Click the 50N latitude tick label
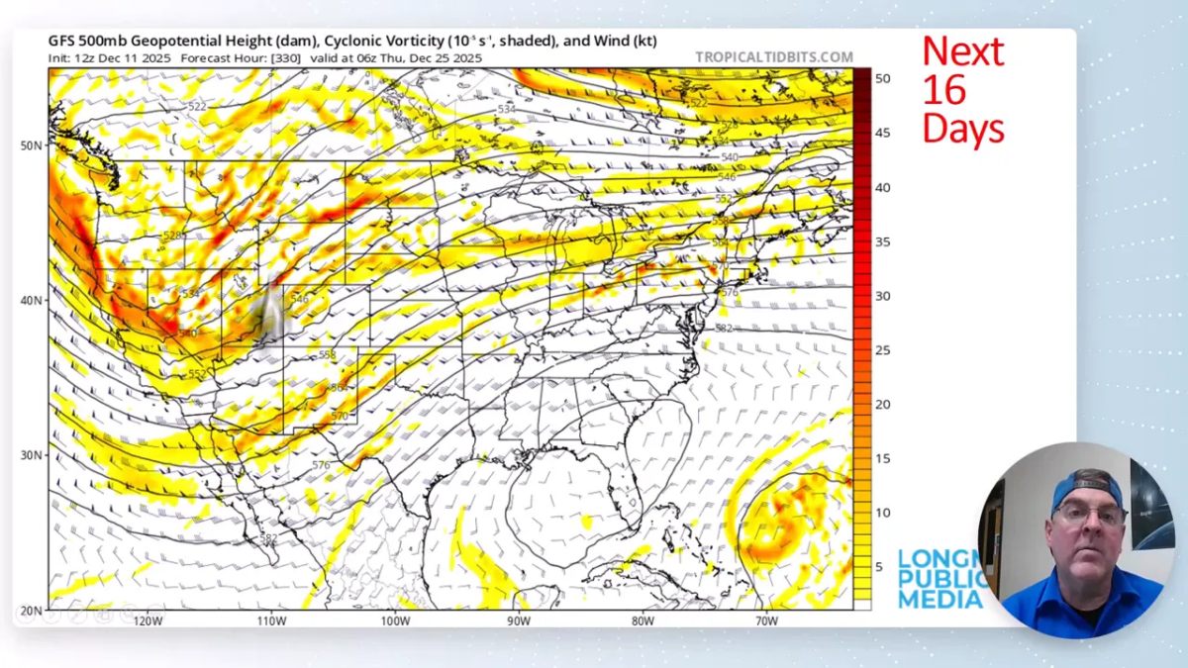click(31, 145)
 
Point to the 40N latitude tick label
click(31, 300)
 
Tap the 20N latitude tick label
click(31, 610)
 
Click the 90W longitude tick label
click(519, 621)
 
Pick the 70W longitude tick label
click(765, 621)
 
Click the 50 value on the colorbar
click(882, 78)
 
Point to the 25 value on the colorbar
click(882, 350)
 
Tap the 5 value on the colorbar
click(879, 567)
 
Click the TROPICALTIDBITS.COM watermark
click(773, 57)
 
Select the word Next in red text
click(962, 51)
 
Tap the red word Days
click(963, 129)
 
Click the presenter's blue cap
click(1086, 487)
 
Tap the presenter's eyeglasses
click(1089, 516)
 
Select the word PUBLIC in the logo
click(940, 579)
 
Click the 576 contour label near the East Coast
click(730, 293)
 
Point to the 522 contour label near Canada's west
click(197, 106)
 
